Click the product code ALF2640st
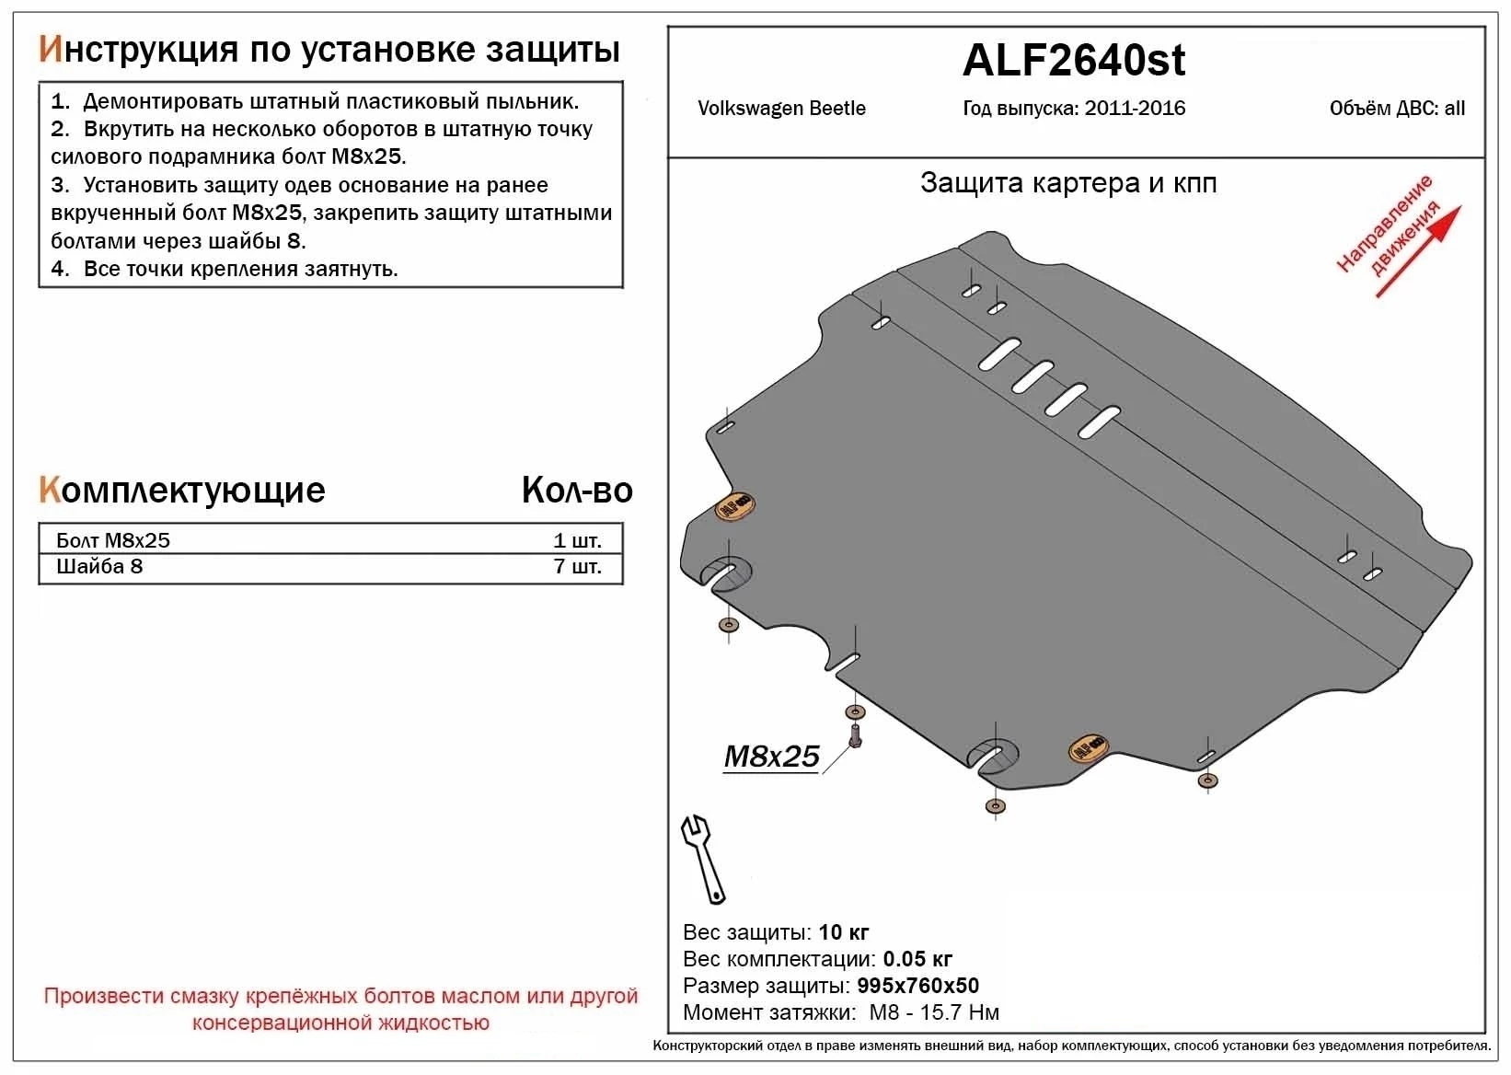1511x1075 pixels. [x=1073, y=61]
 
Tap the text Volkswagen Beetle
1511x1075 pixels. [x=781, y=109]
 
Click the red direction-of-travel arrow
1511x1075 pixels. [x=1418, y=252]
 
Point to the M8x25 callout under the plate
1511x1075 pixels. [x=771, y=757]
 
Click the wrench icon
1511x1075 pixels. [x=702, y=859]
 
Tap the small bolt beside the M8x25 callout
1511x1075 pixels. [x=855, y=736]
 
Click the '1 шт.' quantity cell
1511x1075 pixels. [x=577, y=540]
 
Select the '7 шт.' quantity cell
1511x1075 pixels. [x=577, y=567]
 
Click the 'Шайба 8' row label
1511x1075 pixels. [x=99, y=567]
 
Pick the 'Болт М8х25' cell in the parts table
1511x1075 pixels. [x=113, y=540]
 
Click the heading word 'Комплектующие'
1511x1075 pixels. [x=182, y=491]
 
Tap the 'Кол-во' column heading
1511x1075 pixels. [x=577, y=491]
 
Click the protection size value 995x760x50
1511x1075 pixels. [x=917, y=986]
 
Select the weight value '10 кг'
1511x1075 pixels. [x=843, y=932]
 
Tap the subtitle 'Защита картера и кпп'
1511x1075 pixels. [x=1068, y=183]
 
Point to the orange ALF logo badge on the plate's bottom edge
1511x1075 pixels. [x=1087, y=748]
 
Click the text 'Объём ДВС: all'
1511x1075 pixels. [x=1396, y=109]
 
